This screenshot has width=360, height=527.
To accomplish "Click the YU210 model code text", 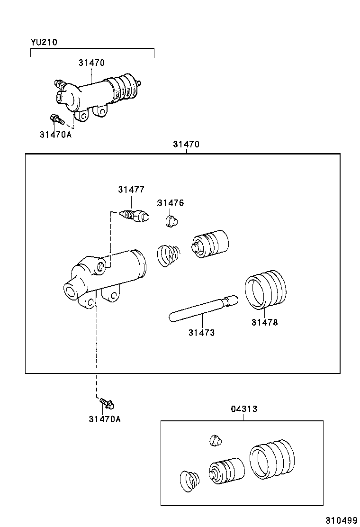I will click(44, 42).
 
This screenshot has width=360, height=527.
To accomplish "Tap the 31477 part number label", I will click(131, 190).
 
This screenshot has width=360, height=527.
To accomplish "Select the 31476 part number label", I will click(171, 203).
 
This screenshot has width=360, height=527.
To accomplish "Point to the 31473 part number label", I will click(201, 333).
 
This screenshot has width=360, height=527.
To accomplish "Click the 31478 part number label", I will click(264, 322).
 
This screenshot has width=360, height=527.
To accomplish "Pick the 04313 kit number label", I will click(244, 409).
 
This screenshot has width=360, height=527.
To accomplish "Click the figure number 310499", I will click(341, 520).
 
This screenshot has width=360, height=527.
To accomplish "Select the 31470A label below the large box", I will click(104, 419).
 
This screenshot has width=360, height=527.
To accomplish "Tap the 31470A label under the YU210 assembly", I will click(55, 134).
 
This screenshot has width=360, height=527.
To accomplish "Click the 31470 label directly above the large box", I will click(186, 145).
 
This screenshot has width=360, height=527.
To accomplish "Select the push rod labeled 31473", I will click(203, 309).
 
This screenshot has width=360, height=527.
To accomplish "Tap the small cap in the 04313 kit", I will click(216, 441).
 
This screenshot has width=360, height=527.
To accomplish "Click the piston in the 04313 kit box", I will click(226, 471).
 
